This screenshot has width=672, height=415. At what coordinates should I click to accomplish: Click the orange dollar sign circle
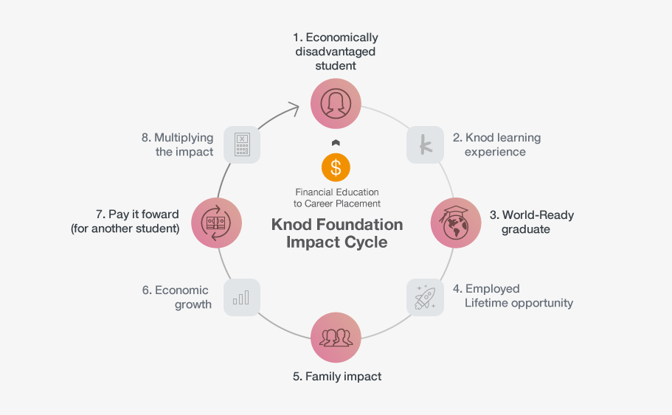coord(336,168)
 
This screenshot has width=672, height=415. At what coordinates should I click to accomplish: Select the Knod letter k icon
coord(426,144)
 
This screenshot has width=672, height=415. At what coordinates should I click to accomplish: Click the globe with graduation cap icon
coord(456,223)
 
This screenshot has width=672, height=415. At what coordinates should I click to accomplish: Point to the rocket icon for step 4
coord(426,297)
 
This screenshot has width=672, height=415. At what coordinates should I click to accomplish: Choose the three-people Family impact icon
coord(336,338)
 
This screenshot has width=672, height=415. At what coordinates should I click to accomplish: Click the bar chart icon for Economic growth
coord(241,297)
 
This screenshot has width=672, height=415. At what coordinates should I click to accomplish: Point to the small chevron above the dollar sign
coord(336,143)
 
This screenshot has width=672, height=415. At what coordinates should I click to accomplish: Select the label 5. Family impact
coord(337,377)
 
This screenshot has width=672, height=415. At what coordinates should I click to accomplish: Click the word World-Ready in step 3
coord(538,215)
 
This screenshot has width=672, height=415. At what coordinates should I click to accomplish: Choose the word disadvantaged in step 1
coord(336,52)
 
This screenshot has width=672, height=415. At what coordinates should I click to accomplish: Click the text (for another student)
coord(125,229)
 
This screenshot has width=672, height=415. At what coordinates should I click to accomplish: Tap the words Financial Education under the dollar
coord(336,192)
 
